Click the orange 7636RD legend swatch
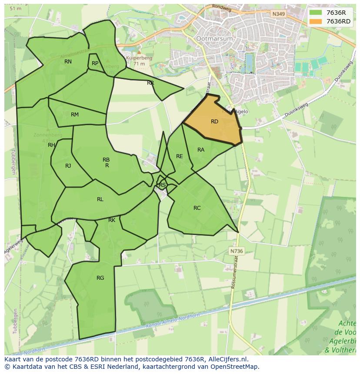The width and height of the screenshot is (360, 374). tap(316, 21)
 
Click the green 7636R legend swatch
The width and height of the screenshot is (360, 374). tap(316, 13)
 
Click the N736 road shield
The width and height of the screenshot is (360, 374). tap(236, 251)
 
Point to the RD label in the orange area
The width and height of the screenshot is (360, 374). tap(214, 122)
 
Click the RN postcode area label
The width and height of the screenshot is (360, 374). tap(68, 62)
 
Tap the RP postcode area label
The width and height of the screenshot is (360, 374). tap(95, 63)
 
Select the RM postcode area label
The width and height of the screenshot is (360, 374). tap(75, 115)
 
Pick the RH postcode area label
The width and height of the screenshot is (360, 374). tap(51, 145)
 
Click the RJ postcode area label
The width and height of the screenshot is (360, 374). tap(68, 166)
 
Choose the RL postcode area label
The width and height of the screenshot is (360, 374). tap(100, 199)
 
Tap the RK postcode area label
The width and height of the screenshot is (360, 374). tap(112, 220)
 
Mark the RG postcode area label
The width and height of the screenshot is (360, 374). tap(100, 278)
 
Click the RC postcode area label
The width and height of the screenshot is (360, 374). tap(197, 208)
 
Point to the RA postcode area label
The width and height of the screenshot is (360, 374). tap(201, 150)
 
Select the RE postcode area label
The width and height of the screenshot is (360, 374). tap(179, 156)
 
